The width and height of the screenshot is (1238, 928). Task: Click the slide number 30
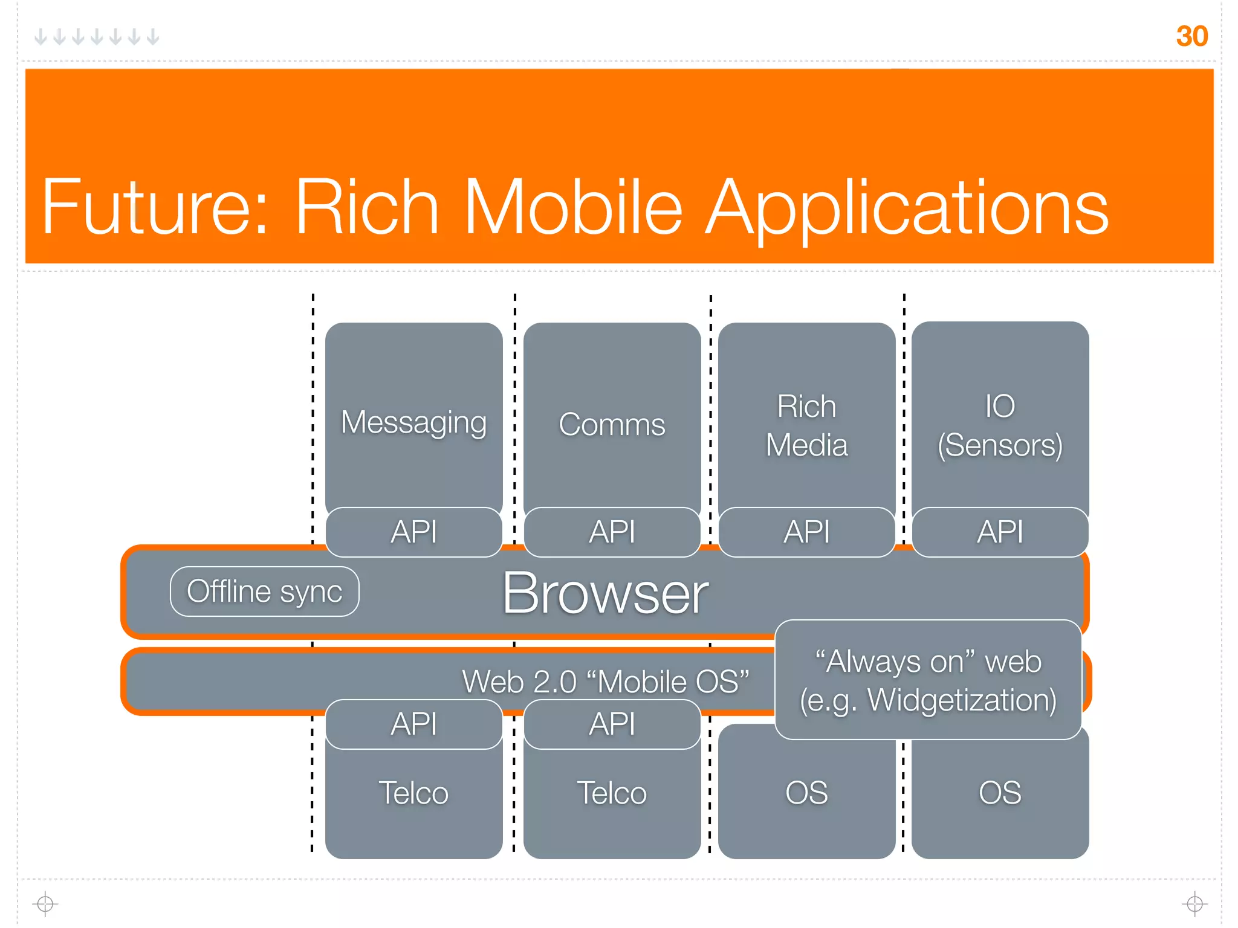(1191, 36)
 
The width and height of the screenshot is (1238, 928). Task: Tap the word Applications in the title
(907, 208)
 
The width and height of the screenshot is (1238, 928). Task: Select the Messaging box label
(413, 422)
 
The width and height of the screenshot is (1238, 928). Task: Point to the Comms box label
(612, 424)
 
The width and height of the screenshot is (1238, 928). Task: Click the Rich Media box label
(806, 425)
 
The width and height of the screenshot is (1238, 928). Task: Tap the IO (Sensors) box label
(1000, 425)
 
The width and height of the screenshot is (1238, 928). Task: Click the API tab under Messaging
(413, 532)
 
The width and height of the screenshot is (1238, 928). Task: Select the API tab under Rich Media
(806, 532)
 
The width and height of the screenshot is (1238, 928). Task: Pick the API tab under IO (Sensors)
(1000, 532)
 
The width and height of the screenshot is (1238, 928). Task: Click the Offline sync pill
(264, 591)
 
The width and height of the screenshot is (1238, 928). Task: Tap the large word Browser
(605, 594)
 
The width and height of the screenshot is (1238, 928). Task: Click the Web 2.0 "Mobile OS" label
(605, 681)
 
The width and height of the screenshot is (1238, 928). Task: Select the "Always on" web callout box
(928, 680)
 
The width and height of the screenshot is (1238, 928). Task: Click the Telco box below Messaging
(413, 793)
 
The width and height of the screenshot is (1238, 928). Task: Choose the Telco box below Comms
(612, 793)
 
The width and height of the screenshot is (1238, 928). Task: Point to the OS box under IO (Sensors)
(1000, 793)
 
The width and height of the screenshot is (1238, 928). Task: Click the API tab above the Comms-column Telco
(612, 724)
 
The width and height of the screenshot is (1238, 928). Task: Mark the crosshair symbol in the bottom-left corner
(45, 904)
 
